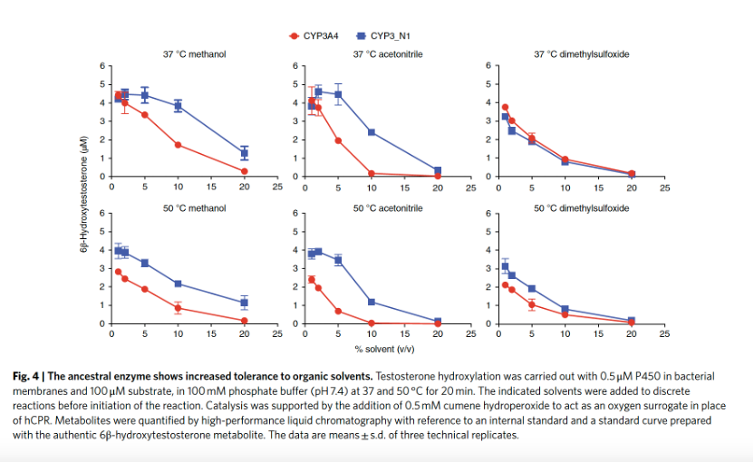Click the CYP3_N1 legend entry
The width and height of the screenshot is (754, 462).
[384, 35]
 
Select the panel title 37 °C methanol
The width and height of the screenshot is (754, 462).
[194, 54]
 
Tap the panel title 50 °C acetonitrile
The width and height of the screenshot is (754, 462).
[387, 208]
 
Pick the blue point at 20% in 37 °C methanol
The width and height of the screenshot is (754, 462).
[244, 153]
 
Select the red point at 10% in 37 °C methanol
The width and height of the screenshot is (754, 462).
[178, 145]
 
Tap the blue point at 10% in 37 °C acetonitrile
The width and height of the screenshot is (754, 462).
[372, 132]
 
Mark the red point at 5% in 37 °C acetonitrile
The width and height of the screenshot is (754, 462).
[338, 140]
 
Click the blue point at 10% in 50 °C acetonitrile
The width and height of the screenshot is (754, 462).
[372, 302]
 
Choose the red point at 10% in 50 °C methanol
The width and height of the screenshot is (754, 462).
[178, 308]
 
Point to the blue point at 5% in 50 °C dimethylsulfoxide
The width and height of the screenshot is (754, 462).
[532, 289]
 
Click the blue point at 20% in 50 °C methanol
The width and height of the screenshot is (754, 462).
[244, 303]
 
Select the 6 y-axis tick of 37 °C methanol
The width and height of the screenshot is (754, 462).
[102, 66]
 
